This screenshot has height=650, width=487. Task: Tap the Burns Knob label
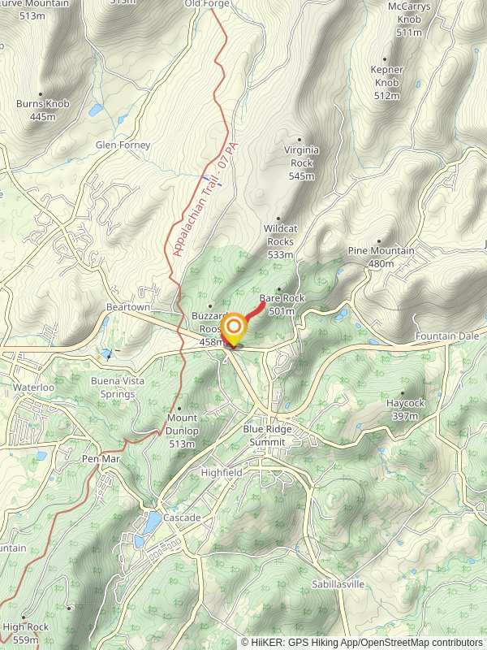click(x=43, y=110)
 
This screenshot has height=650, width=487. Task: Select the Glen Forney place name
click(x=123, y=145)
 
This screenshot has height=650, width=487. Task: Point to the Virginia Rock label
click(x=301, y=162)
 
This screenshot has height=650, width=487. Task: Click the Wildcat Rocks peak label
click(x=280, y=241)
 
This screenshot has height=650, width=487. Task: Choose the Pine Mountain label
click(x=381, y=257)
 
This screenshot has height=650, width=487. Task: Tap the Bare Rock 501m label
click(x=282, y=304)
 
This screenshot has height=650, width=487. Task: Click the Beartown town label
click(x=128, y=307)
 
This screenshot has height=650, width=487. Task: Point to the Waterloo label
click(x=33, y=388)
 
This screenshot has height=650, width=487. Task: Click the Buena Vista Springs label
click(x=113, y=388)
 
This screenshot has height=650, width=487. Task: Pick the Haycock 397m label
click(x=404, y=409)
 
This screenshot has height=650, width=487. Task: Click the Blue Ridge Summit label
click(x=275, y=435)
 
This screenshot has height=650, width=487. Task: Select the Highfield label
click(x=222, y=472)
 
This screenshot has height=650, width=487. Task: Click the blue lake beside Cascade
click(x=152, y=521)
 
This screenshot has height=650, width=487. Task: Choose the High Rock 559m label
click(x=25, y=633)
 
